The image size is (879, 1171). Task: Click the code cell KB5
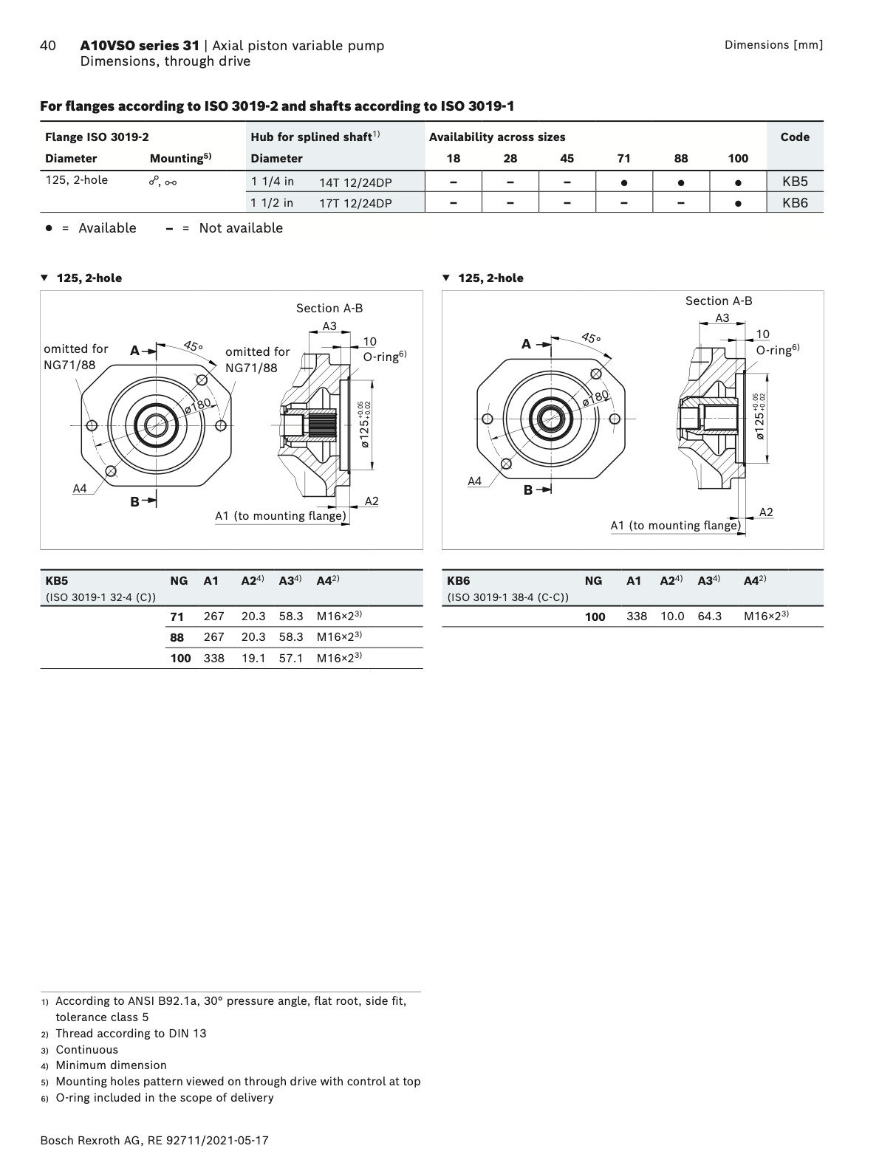(795, 181)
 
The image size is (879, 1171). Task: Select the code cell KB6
(795, 203)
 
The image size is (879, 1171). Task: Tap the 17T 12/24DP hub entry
(355, 203)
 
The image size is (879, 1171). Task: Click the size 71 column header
(624, 158)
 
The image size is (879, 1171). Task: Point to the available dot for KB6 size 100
(738, 203)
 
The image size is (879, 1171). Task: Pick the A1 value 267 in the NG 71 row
(213, 616)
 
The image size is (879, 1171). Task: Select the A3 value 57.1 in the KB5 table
(291, 657)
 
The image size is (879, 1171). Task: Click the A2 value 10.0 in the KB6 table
(672, 616)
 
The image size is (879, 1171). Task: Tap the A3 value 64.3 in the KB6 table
(710, 616)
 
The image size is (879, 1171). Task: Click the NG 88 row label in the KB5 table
(177, 636)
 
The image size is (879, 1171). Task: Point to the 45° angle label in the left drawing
(194, 345)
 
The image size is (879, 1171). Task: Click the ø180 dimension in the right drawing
(595, 397)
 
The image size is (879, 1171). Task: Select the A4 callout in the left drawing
(80, 488)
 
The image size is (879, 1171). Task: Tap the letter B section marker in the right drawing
(528, 490)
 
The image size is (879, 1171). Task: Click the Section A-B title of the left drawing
(329, 308)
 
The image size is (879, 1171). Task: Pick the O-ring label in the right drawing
(778, 349)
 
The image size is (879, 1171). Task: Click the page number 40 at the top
(47, 46)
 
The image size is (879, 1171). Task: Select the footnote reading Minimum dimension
(111, 1065)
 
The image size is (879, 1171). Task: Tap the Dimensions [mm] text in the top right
(773, 45)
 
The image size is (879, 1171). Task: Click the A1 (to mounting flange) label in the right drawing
(675, 525)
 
